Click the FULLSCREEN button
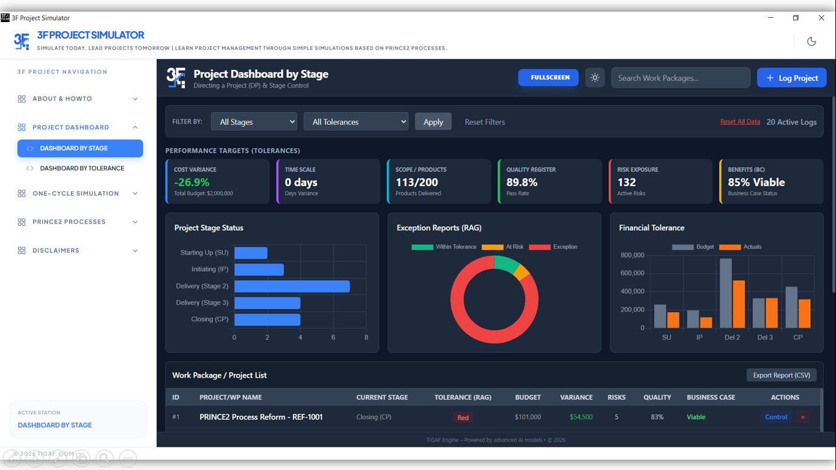[548, 78]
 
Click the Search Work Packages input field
[680, 78]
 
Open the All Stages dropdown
[254, 122]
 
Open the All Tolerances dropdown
[356, 122]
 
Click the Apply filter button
[433, 122]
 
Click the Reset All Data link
[740, 122]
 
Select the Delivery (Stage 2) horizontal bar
[292, 286]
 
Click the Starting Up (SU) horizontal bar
[251, 253]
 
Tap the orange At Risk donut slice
[521, 272]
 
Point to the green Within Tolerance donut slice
[506, 263]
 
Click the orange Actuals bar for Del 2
[739, 304]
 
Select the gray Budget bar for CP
[791, 307]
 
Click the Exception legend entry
[553, 247]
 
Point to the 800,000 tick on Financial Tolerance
[632, 255]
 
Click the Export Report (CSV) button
[781, 375]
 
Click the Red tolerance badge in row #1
[463, 417]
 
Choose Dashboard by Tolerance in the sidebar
[82, 168]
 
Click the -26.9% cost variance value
[192, 182]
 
